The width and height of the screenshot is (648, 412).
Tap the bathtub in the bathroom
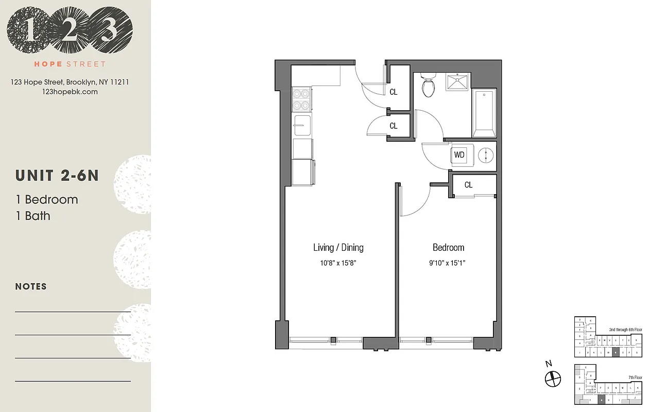(x=484, y=113)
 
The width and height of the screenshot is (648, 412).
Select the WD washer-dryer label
(x=459, y=154)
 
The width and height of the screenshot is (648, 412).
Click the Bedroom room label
(x=448, y=248)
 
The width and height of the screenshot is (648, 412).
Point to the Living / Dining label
(x=338, y=248)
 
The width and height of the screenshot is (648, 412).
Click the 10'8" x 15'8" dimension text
(x=338, y=263)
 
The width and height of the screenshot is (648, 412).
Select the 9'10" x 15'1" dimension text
(x=448, y=263)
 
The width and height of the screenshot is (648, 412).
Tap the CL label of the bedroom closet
(x=468, y=185)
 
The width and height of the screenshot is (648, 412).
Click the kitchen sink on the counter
(x=302, y=124)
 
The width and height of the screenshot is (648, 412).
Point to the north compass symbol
(x=552, y=379)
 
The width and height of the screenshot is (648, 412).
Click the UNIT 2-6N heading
(x=57, y=176)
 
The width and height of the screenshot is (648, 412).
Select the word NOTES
(x=31, y=286)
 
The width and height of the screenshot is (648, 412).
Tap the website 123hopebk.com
(x=70, y=92)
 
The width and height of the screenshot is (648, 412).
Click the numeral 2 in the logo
(x=70, y=32)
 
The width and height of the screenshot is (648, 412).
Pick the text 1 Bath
(x=33, y=216)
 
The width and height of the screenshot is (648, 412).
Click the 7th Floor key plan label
(x=635, y=377)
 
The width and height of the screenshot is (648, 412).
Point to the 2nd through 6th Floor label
(x=625, y=329)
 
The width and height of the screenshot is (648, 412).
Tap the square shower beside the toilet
(x=457, y=81)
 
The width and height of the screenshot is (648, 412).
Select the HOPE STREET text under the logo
(x=70, y=64)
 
